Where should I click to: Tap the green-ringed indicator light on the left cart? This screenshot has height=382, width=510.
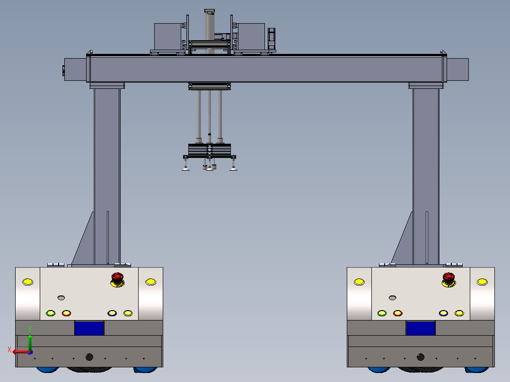tap(51, 313)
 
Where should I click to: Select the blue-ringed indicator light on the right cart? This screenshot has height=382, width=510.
tap(443, 313)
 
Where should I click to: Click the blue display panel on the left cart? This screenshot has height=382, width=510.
tap(89, 328)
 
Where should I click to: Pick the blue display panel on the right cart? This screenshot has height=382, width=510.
tap(421, 328)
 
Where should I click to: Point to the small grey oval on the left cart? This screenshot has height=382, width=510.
tap(61, 297)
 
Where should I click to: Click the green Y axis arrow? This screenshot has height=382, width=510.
tap(30, 342)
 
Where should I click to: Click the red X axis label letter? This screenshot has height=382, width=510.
tap(9, 350)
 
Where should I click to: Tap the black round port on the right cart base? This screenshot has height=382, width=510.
tap(421, 357)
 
